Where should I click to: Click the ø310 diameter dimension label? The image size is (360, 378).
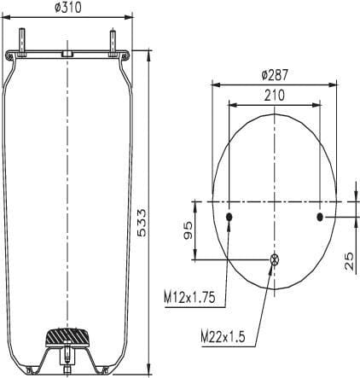67,8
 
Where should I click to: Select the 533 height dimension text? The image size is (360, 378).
142,223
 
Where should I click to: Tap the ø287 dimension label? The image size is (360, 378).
275,75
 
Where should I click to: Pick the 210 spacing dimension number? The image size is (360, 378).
275,96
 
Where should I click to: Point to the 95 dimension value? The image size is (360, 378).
188,230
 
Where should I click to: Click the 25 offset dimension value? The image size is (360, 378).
349,261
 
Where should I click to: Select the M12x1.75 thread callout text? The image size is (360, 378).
189,298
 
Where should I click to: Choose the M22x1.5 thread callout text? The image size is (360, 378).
223,337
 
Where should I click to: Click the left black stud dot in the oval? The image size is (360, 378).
229,218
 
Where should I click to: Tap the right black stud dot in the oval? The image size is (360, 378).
320,218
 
